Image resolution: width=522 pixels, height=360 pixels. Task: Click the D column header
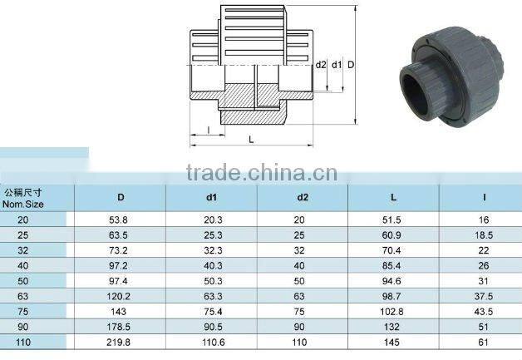pos(121,197)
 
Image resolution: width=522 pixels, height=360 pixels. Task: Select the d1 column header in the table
pos(212,197)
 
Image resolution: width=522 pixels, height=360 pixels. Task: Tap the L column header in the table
pos(393,197)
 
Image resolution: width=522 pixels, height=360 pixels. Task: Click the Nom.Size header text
pos(23,204)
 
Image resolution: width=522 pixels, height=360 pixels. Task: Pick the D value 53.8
pos(118,219)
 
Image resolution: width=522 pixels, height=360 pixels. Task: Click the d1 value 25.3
pos(213,235)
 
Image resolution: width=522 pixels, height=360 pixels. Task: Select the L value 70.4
pos(391,250)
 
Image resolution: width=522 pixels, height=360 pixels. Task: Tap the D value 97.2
pos(118,266)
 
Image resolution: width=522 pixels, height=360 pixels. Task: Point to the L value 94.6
pos(391,281)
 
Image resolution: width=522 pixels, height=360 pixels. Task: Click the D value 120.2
pos(118,296)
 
